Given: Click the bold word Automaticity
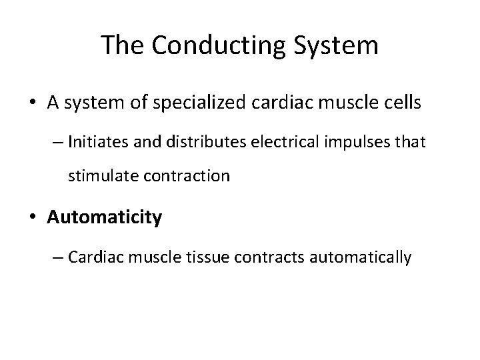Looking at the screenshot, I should click(x=105, y=218).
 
